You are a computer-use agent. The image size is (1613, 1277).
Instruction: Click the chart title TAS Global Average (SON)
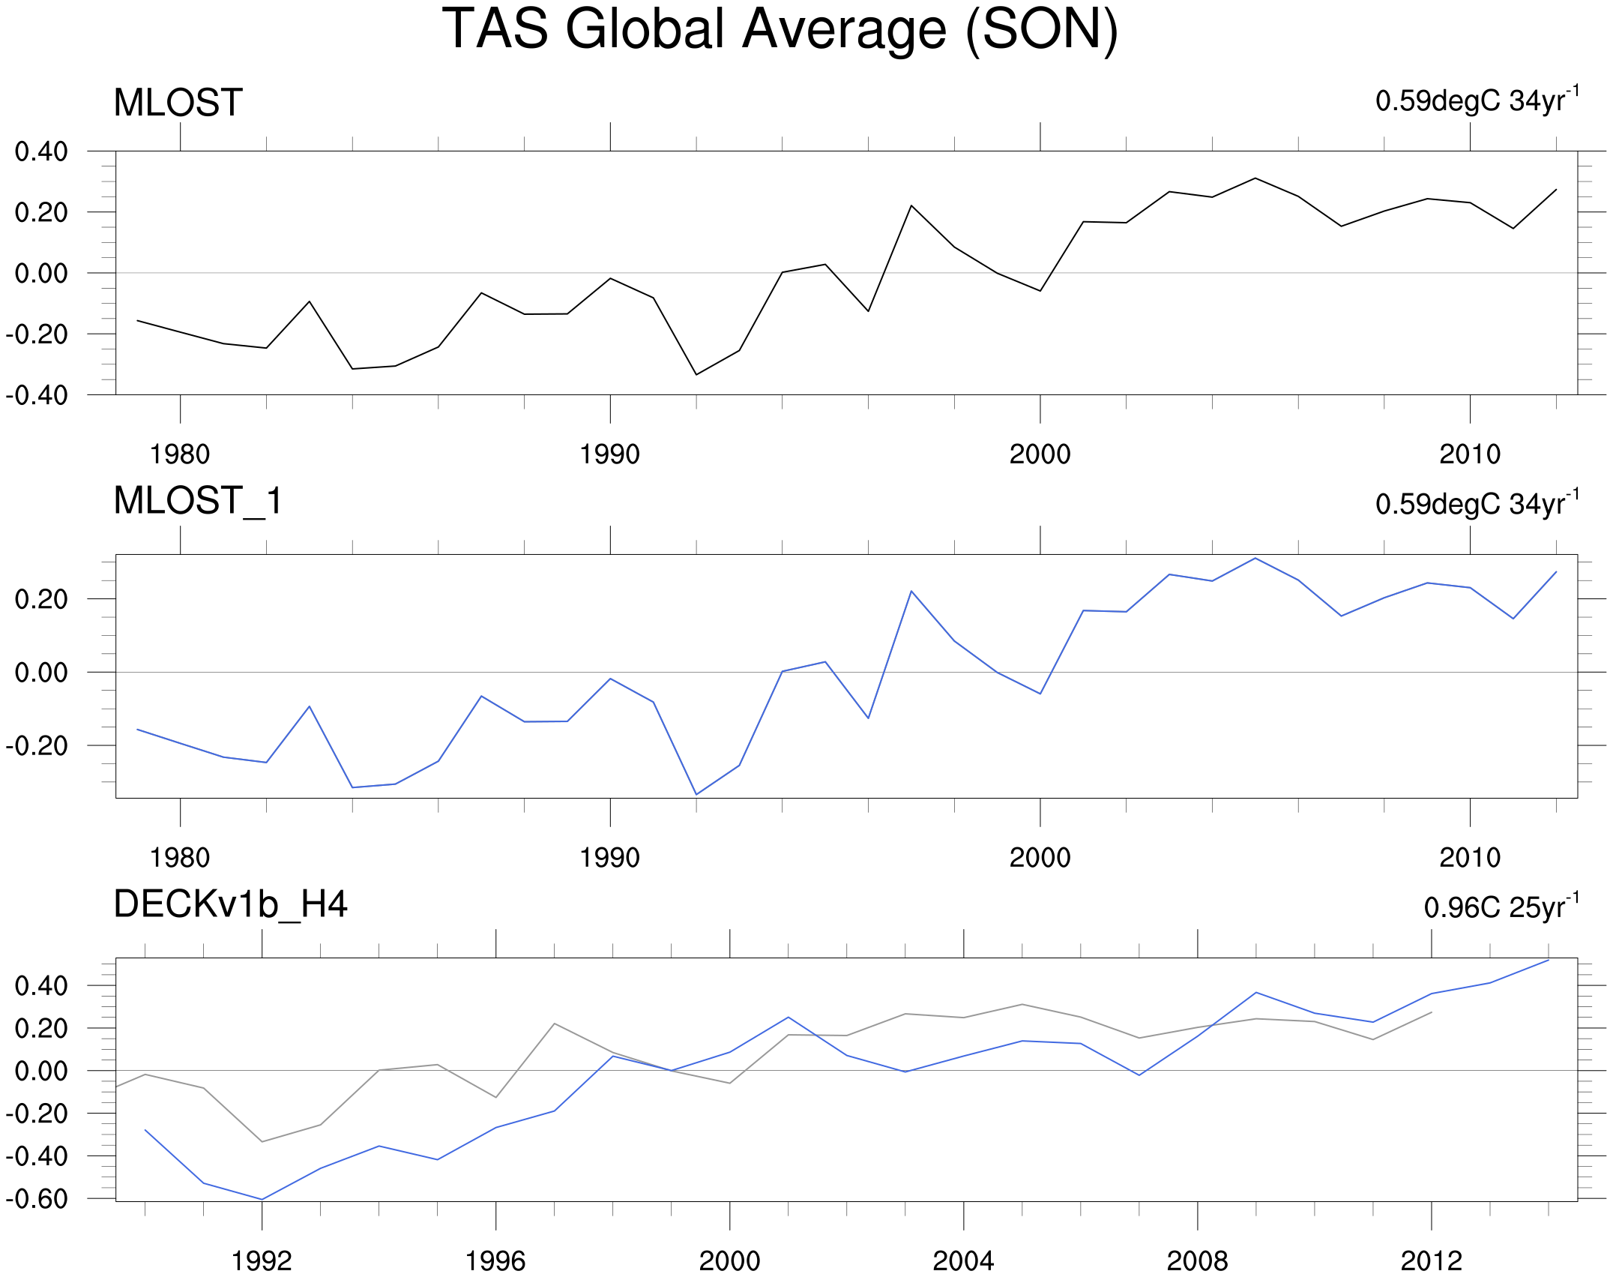(x=780, y=30)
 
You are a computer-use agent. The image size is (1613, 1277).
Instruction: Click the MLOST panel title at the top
(x=178, y=103)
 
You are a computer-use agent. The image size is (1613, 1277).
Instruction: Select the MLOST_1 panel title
(x=198, y=501)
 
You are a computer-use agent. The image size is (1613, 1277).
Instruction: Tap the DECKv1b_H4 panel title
(x=230, y=904)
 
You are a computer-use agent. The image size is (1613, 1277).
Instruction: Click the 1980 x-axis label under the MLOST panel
(x=180, y=454)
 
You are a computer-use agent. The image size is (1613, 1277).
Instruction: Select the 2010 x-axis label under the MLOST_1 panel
(x=1470, y=858)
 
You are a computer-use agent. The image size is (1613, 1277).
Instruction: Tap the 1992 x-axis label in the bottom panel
(x=262, y=1261)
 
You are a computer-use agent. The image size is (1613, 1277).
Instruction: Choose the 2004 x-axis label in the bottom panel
(x=963, y=1261)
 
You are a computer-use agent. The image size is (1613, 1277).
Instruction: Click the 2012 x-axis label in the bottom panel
(x=1432, y=1261)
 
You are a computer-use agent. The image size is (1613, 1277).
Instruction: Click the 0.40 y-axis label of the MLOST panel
(x=41, y=151)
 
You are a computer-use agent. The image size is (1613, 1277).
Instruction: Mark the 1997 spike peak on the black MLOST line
(x=911, y=205)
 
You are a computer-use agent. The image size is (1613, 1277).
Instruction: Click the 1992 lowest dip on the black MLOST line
(x=696, y=374)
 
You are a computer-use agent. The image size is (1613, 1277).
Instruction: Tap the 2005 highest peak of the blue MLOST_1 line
(x=1255, y=559)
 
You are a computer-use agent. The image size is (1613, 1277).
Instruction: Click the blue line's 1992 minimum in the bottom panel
(x=262, y=1199)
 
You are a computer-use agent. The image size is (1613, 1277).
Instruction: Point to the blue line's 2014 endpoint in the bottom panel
(x=1549, y=961)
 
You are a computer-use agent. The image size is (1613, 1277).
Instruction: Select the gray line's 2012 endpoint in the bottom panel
(x=1432, y=1012)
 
